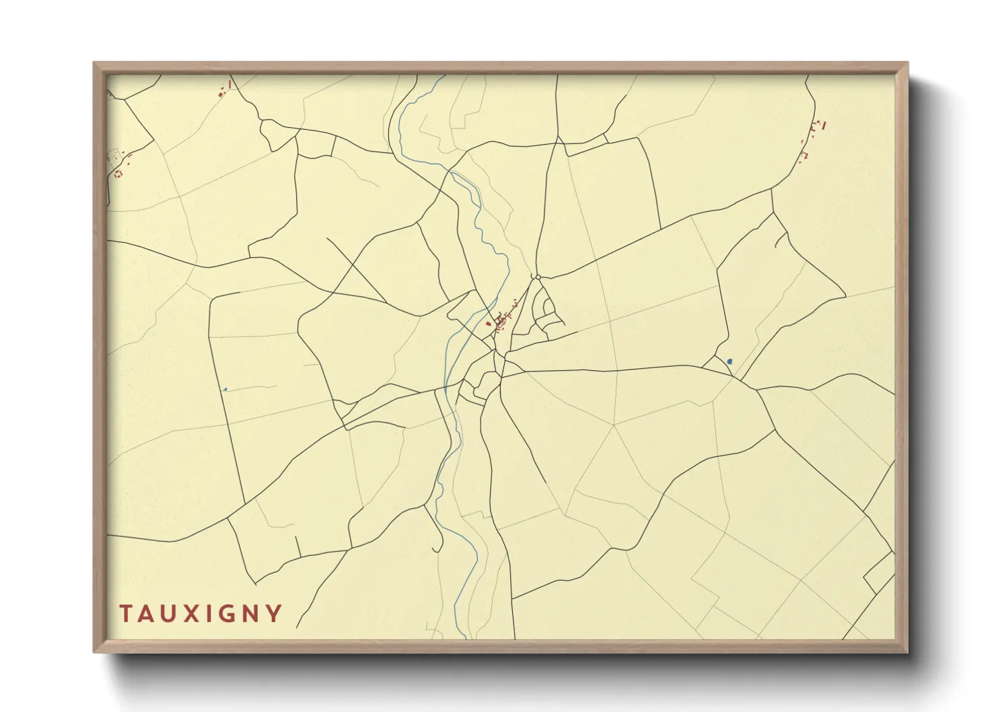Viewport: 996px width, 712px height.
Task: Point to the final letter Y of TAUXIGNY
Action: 274,614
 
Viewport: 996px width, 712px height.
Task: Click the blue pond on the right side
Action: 730,361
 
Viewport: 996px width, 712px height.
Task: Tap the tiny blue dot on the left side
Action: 225,389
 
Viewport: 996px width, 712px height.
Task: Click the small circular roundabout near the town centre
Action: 537,277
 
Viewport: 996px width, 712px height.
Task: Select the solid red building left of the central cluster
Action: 489,324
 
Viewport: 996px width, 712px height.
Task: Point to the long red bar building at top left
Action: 230,84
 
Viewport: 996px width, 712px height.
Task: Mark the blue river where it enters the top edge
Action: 443,76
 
